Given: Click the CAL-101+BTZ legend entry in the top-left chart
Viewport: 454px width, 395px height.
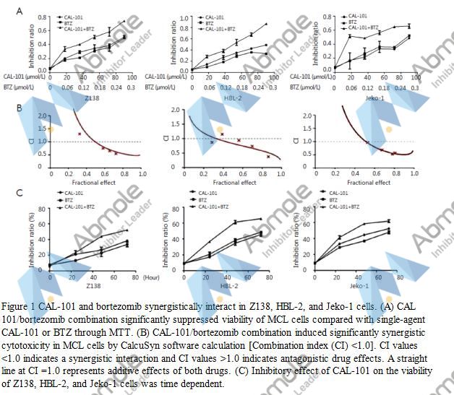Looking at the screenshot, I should click(x=82, y=29).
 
